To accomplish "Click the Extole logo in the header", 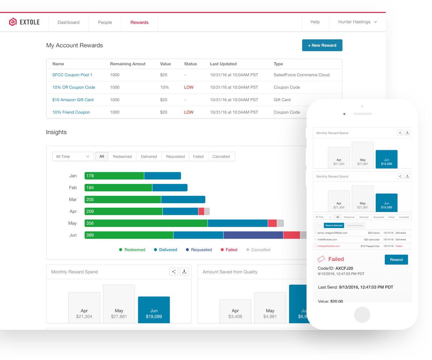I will [24, 22].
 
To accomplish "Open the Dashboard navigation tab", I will [68, 22].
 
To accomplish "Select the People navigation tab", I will [105, 22].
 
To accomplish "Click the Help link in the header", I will [315, 22].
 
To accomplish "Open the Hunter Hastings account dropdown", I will [357, 22].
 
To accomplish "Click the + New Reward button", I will [322, 45].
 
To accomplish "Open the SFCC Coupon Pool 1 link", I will [72, 75].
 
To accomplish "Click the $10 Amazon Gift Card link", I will [73, 100].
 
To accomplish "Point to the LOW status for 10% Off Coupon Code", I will [189, 87].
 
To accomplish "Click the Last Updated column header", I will [223, 64].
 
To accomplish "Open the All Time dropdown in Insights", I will [73, 156].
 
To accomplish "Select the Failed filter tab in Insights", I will [198, 156].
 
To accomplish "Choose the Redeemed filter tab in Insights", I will [122, 156].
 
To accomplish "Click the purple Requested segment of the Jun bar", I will [253, 235].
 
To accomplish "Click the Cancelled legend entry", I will [258, 250].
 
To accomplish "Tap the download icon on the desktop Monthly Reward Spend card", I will [184, 272].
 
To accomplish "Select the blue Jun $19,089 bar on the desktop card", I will [154, 310].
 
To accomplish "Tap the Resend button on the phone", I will [396, 260].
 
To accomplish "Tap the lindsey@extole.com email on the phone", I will [329, 246].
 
